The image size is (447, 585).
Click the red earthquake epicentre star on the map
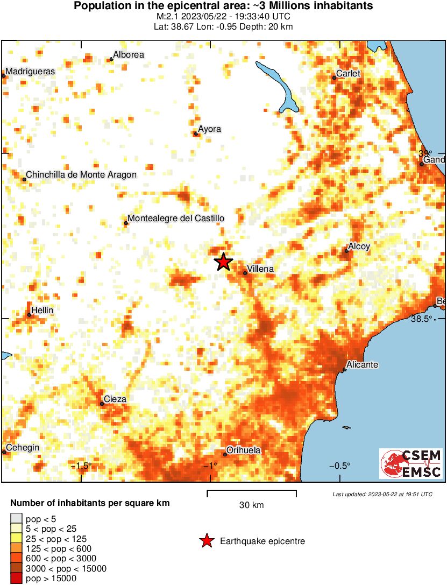pyautogui.click(x=224, y=262)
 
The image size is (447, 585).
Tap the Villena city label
pyautogui.click(x=260, y=269)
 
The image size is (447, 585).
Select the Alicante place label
pyautogui.click(x=362, y=365)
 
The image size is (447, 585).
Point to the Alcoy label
pyautogui.click(x=359, y=246)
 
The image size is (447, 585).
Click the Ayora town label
pyautogui.click(x=209, y=129)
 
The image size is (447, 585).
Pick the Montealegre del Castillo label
pyautogui.click(x=175, y=219)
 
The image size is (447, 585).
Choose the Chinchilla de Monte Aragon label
pyautogui.click(x=81, y=174)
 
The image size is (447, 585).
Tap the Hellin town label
pyautogui.click(x=42, y=311)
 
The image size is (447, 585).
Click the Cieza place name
pyautogui.click(x=115, y=399)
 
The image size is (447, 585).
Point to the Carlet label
pyautogui.click(x=347, y=74)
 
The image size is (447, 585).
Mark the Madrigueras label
pyautogui.click(x=30, y=71)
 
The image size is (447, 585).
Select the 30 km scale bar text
pyautogui.click(x=251, y=505)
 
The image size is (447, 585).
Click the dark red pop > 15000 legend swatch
pyautogui.click(x=16, y=579)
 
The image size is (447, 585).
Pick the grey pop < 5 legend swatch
pyautogui.click(x=16, y=519)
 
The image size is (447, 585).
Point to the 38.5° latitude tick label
pyautogui.click(x=422, y=319)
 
